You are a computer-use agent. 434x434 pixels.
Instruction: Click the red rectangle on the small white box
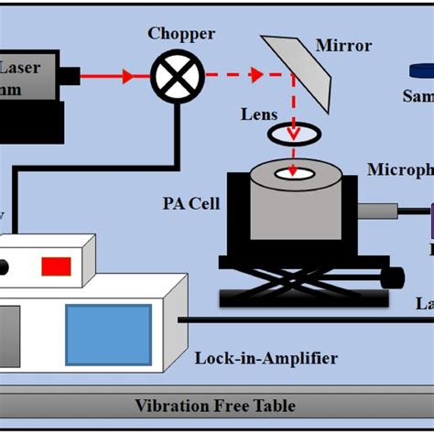click(55, 266)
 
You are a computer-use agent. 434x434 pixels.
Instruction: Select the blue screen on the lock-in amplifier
click(108, 334)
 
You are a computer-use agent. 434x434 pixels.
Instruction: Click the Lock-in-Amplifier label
click(266, 358)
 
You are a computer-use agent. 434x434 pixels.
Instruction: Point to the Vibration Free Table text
click(215, 406)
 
